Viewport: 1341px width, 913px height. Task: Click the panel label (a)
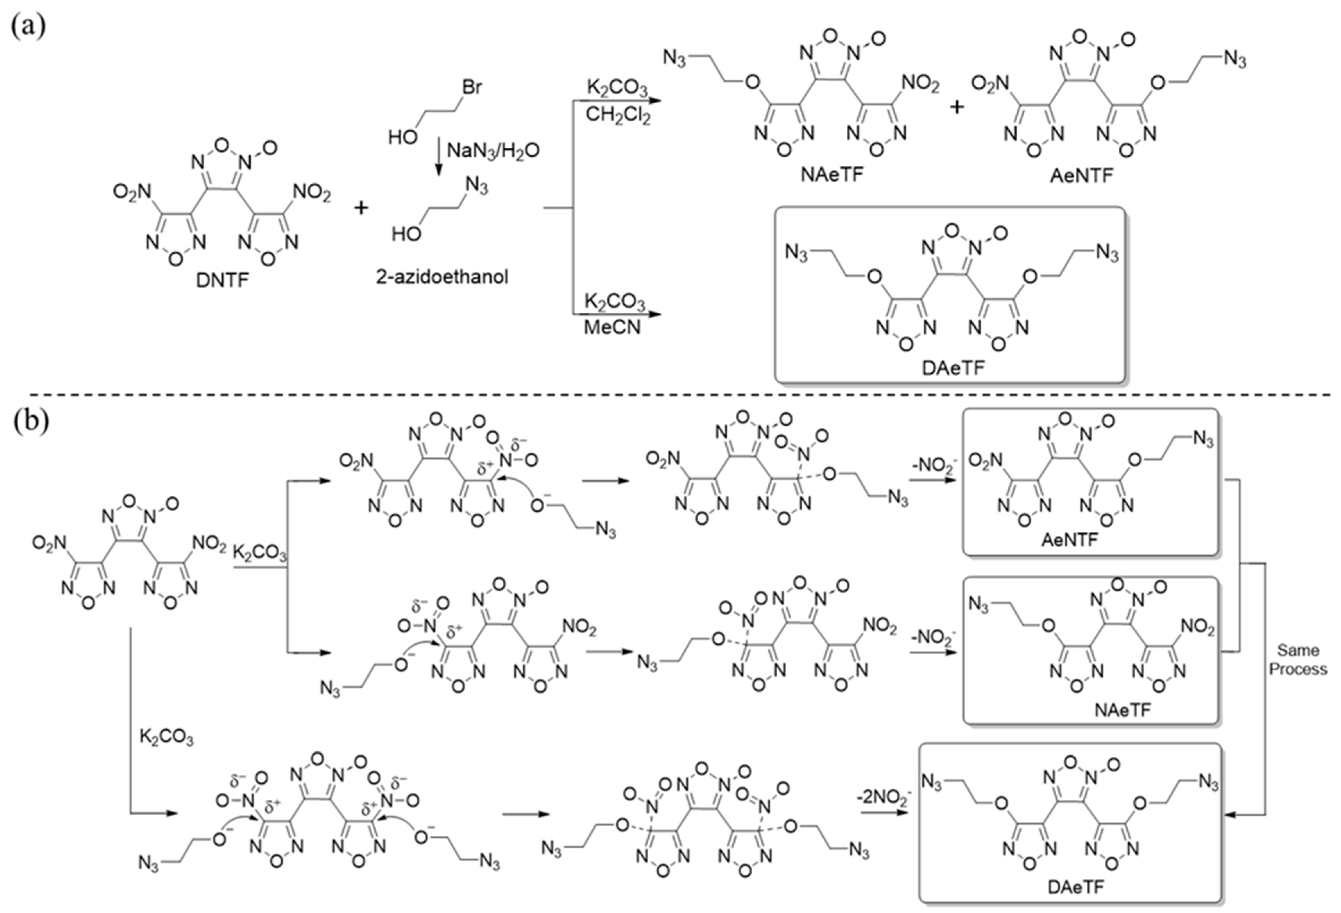coord(28,26)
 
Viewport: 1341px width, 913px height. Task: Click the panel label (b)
coord(30,421)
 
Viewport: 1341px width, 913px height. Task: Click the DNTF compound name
coord(222,281)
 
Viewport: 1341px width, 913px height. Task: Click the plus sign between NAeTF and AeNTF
coord(957,107)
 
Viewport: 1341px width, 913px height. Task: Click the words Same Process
coord(1298,659)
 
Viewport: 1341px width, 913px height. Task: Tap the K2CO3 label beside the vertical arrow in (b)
coord(166,738)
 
